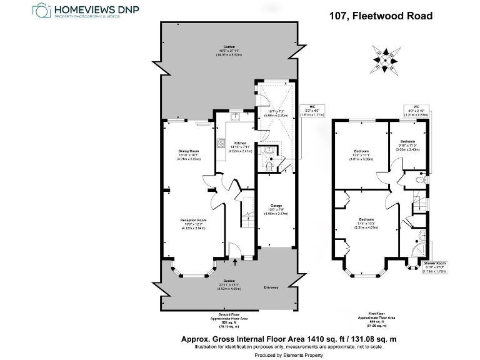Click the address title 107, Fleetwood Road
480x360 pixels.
[x=381, y=16]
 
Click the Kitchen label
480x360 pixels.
[x=240, y=143]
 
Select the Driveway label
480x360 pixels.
[x=271, y=287]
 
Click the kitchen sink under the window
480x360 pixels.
[x=236, y=116]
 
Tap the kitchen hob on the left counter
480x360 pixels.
[x=221, y=143]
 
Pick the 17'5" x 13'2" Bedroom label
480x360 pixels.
[x=367, y=220]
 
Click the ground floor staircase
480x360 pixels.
[x=247, y=219]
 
